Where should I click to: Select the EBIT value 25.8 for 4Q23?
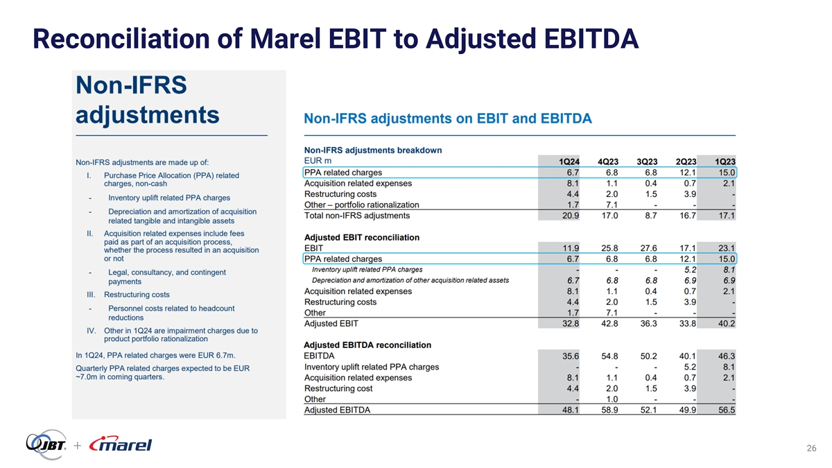(x=609, y=248)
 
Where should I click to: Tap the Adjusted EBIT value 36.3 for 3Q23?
(x=648, y=323)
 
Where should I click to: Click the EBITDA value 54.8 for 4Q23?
(x=609, y=356)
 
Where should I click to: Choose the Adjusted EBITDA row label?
(x=337, y=410)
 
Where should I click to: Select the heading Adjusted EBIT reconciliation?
(x=362, y=237)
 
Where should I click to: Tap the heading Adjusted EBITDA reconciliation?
(x=367, y=345)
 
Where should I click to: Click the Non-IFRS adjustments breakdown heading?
(x=373, y=150)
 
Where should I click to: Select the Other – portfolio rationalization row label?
(x=361, y=205)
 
